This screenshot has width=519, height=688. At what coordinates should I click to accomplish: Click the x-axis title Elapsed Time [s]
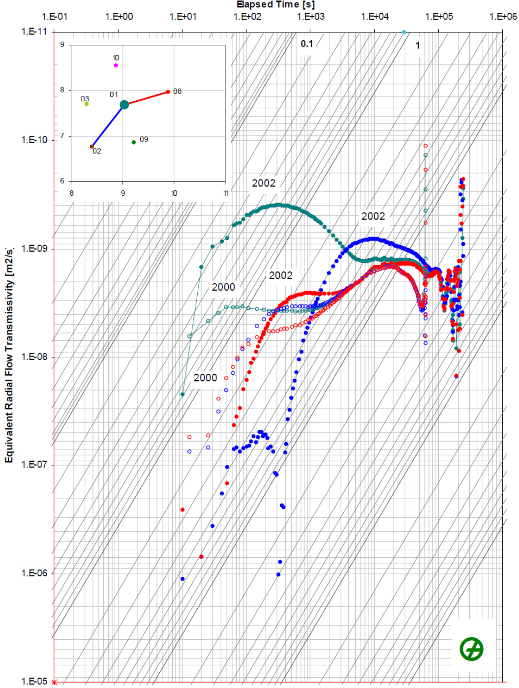coord(275,5)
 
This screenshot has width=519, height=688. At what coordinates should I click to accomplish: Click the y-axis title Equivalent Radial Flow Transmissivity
coord(9,354)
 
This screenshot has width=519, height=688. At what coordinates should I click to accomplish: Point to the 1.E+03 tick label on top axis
coord(311,17)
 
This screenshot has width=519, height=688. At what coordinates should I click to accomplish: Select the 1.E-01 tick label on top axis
coord(55,17)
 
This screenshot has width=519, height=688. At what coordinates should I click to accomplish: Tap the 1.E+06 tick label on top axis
coord(503,17)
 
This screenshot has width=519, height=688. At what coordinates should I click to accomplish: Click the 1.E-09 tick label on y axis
coord(34,248)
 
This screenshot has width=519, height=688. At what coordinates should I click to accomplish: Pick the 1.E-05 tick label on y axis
coord(34,681)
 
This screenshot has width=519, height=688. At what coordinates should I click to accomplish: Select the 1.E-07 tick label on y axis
coord(34,465)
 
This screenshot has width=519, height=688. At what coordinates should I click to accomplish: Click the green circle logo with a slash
coord(471,649)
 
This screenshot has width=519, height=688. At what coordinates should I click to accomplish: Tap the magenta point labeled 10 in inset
coord(116,65)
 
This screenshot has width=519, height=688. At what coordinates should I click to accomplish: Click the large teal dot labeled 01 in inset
coord(124,104)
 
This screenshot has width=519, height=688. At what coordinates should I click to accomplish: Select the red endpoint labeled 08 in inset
coord(168,92)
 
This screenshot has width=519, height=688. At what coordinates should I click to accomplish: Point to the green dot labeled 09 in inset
coord(134,142)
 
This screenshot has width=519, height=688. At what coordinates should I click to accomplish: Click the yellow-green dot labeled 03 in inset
coord(87,104)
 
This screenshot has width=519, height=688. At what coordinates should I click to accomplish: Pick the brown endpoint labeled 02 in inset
coord(92,147)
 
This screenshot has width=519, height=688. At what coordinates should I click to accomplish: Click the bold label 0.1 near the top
coord(307,44)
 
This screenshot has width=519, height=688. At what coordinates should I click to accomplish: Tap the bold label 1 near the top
coord(418,46)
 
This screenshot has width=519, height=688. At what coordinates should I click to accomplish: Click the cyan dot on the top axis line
coord(404,32)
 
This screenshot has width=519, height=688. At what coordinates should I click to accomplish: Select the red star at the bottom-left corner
coord(55,682)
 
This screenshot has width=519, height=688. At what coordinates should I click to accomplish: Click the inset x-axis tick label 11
coord(226,193)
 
